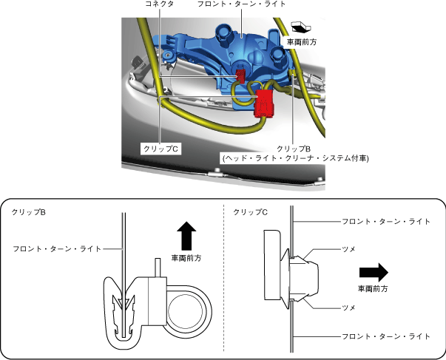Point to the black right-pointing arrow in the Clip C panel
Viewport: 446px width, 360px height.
pyautogui.click(x=374, y=269)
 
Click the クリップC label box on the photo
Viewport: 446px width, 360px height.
pyautogui.click(x=163, y=148)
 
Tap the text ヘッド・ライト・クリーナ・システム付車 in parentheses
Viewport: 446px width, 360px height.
pyautogui.click(x=294, y=157)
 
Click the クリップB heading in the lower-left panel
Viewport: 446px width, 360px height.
pyautogui.click(x=29, y=212)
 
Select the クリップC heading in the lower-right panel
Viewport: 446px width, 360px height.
pyautogui.click(x=250, y=212)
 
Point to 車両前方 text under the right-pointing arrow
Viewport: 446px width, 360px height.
pyautogui.click(x=374, y=288)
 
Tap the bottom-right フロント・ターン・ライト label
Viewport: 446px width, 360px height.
pyautogui.click(x=385, y=336)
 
